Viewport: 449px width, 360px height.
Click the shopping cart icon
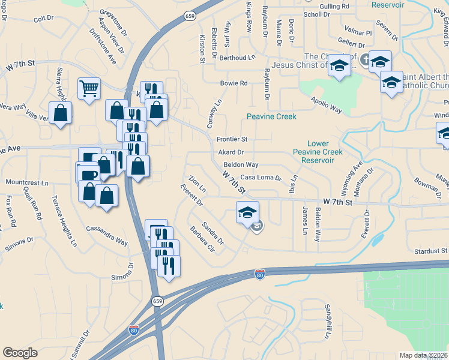pyautogui.click(x=89, y=89)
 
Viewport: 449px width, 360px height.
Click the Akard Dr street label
pyautogui.click(x=231, y=152)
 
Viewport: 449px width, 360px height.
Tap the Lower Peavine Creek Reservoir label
pyautogui.click(x=325, y=152)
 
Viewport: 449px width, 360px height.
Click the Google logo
pyautogui.click(x=20, y=353)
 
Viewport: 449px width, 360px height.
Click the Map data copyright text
pyautogui.click(x=423, y=355)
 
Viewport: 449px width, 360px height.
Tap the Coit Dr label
pyautogui.click(x=44, y=19)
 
